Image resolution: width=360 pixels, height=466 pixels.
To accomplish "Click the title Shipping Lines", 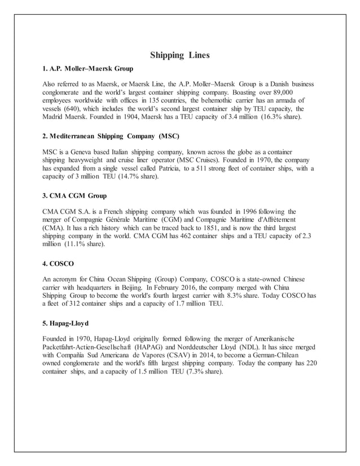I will (180, 55).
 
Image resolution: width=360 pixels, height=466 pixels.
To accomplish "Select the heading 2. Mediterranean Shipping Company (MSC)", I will (111, 137).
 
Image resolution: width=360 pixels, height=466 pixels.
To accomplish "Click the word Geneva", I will (77, 152).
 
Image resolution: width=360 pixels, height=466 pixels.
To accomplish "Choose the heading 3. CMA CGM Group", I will (74, 196).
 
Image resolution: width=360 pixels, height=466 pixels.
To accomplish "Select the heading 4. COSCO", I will (59, 263).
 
